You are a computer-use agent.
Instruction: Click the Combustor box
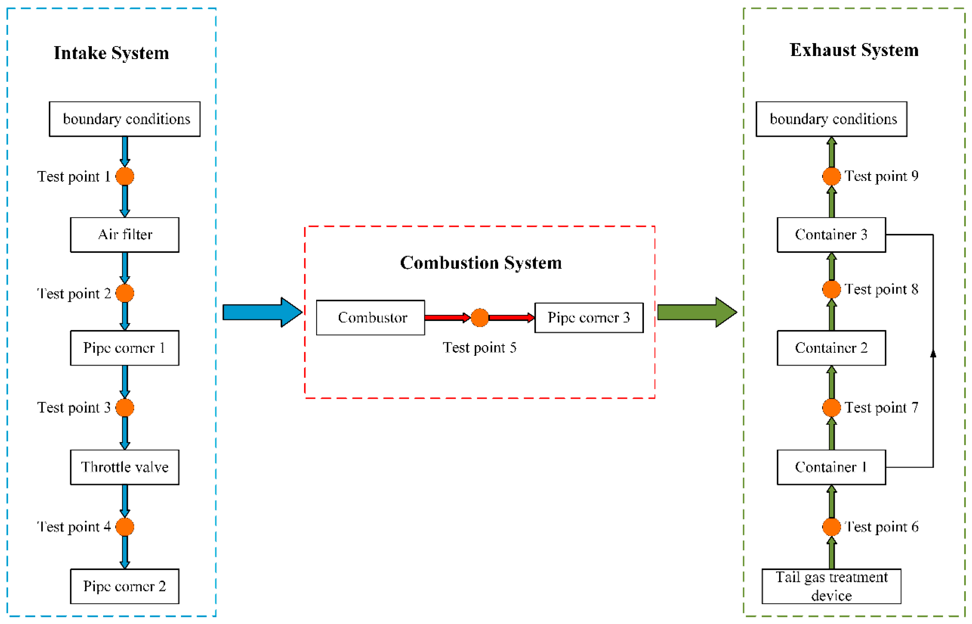[x=370, y=318]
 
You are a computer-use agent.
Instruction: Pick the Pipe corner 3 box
[x=589, y=318]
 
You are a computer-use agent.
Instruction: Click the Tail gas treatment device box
[x=831, y=586]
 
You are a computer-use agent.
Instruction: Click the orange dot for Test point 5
[x=480, y=318]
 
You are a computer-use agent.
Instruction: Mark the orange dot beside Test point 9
[x=831, y=176]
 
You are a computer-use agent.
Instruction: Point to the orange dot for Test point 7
[x=831, y=408]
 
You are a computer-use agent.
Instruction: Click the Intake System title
[x=111, y=53]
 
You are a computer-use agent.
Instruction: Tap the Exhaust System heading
[x=854, y=50]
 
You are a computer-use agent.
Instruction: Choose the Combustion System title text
[x=481, y=263]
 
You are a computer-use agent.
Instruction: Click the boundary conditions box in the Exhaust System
[x=831, y=119]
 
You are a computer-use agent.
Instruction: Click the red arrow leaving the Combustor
[x=446, y=318]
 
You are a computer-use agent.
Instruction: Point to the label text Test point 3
[x=74, y=408]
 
